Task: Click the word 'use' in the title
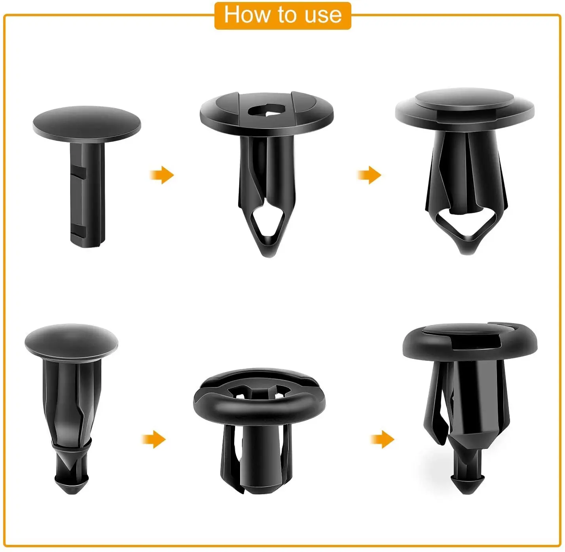323,15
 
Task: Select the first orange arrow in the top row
162,175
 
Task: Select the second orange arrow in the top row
370,175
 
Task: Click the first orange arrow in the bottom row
154,439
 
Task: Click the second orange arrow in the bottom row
383,439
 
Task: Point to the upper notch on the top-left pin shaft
80,173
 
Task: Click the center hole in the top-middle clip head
267,111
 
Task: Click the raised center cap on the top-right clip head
465,99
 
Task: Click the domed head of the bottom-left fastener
71,340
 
